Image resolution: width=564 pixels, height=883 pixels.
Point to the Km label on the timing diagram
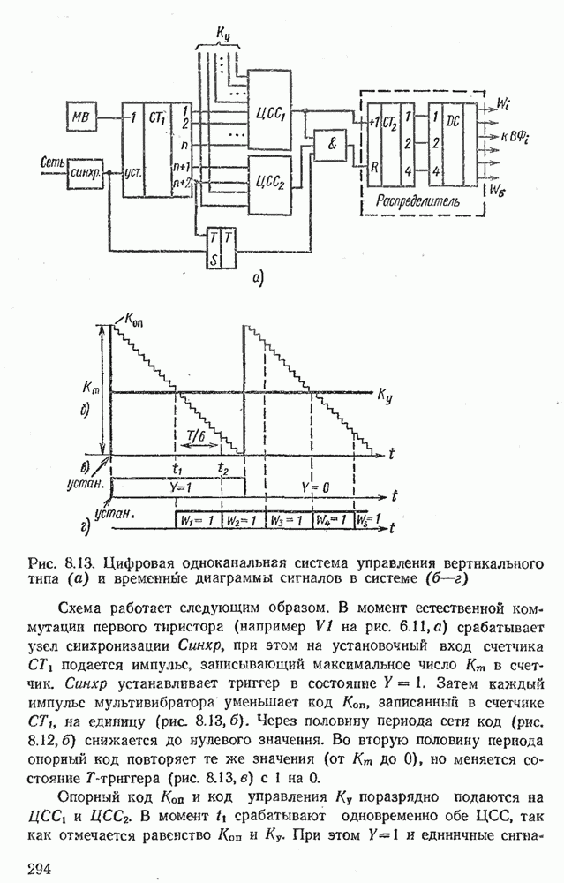(x=86, y=387)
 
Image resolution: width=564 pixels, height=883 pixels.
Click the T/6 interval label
(x=199, y=434)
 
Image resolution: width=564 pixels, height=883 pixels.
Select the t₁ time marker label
(x=177, y=469)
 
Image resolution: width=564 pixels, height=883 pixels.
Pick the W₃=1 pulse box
(x=288, y=519)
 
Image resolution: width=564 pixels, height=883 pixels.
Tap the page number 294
(x=40, y=869)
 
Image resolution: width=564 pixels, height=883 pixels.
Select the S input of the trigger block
(x=214, y=258)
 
